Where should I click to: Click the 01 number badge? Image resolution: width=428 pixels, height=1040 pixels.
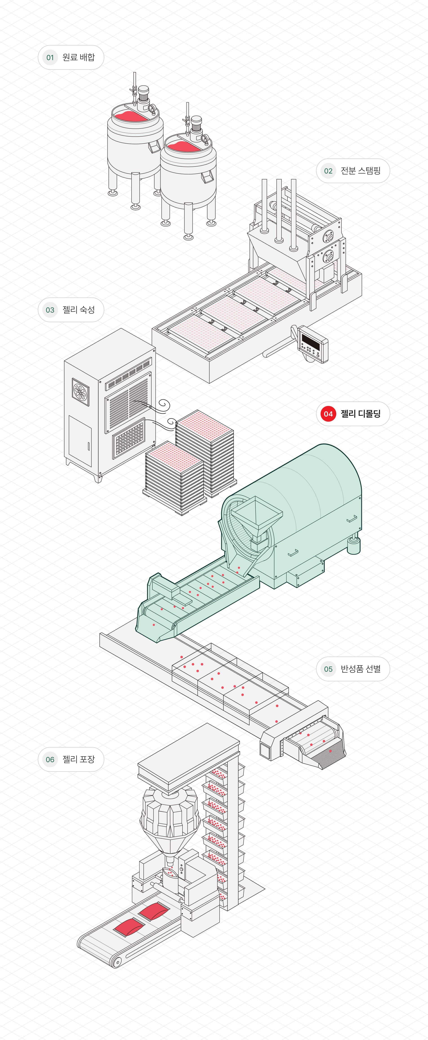click(50, 57)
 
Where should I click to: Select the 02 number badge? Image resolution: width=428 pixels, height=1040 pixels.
click(328, 171)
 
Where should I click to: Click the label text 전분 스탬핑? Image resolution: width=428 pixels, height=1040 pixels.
click(361, 171)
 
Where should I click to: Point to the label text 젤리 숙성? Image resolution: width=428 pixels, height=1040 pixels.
click(79, 310)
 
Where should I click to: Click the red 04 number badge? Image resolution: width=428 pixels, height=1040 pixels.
click(328, 414)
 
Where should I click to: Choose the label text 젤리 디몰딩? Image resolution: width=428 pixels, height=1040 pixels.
click(361, 414)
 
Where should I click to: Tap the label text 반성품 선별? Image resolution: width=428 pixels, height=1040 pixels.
click(361, 669)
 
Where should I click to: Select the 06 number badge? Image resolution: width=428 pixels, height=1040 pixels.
click(50, 759)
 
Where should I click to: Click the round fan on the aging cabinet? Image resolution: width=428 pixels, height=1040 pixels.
click(81, 391)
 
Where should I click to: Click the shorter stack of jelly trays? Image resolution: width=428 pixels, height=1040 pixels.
click(174, 476)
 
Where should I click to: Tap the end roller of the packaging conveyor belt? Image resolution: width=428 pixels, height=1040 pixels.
click(117, 963)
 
